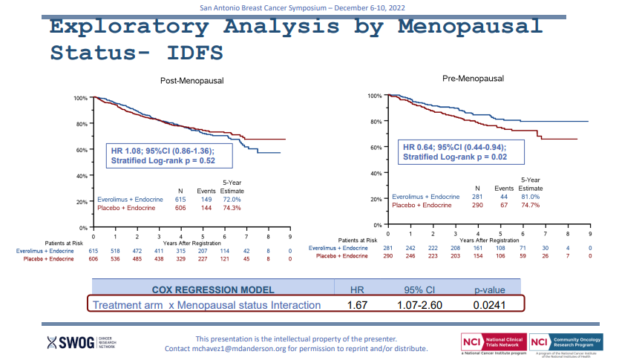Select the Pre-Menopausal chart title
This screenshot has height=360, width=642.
tap(473, 78)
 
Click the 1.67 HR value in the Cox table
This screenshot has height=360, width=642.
tap(358, 305)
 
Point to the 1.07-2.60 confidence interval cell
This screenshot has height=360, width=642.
tap(421, 305)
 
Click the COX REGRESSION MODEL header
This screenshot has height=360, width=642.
tap(213, 289)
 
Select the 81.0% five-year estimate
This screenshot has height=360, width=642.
tap(530, 197)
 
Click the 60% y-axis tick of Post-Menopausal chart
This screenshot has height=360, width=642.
tap(82, 150)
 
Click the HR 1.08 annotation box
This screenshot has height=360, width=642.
tap(170, 154)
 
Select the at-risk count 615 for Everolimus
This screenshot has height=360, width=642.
tap(94, 251)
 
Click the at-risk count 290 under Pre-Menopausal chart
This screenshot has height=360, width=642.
tap(387, 255)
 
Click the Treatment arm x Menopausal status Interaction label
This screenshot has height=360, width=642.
tap(206, 305)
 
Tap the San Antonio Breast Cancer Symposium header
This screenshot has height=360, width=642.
tap(321, 7)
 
